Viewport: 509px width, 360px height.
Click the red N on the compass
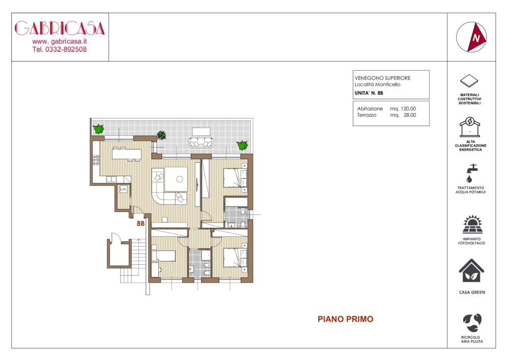pos(476,38)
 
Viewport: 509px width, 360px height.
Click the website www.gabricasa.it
pos(60,41)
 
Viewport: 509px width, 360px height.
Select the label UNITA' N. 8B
pos(369,93)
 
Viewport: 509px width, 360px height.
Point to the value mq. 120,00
pos(403,109)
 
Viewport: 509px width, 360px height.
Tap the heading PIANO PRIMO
pos(346,319)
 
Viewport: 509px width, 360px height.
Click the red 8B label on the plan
pos(140,224)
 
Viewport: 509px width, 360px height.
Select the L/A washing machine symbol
pos(123,189)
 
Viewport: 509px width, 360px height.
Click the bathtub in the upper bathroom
pos(237,202)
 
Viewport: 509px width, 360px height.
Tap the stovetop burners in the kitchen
pos(96,160)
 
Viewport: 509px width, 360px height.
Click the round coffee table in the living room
pos(180,179)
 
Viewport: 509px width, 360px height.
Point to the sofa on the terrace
pos(201,143)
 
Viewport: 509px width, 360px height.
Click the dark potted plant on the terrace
pos(161,135)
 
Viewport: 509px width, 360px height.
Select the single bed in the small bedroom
pos(164,256)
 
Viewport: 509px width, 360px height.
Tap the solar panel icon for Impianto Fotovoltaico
pos(472,224)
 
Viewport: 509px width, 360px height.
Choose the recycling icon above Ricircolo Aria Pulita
pos(472,323)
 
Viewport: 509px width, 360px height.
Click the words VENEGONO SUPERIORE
pos(382,78)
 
